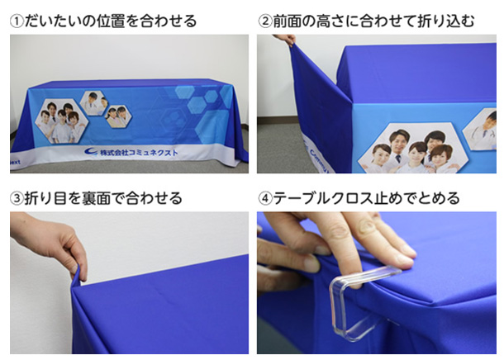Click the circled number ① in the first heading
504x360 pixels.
pos(17,21)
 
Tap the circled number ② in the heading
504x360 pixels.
pos(265,21)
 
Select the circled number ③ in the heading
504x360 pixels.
pos(17,198)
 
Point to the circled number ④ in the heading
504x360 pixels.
pos(265,198)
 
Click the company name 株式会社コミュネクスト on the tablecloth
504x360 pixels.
pos(139,153)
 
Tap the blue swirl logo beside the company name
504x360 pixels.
pos(91,151)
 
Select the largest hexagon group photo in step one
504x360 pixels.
pos(61,121)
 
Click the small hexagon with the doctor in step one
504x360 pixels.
pos(94,103)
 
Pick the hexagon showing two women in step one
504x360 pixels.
pos(118,116)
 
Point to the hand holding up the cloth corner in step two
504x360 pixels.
pos(284,40)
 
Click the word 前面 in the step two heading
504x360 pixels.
pos(288,21)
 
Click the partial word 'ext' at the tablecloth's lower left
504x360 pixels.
pos(15,162)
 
